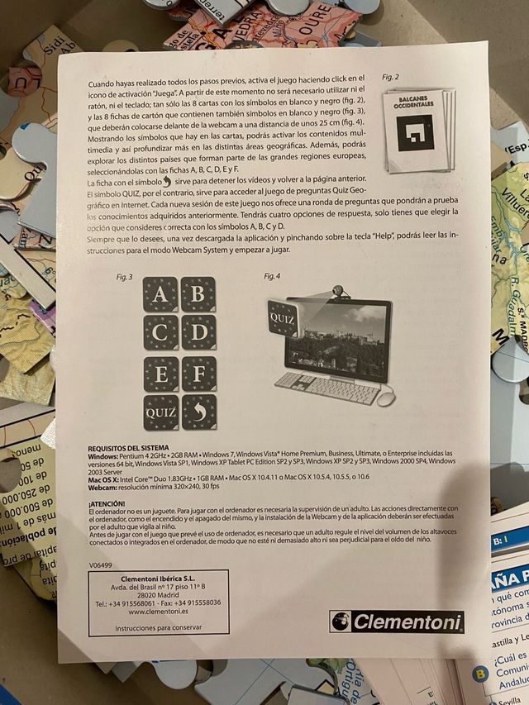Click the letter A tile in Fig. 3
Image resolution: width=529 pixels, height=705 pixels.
click(160, 294)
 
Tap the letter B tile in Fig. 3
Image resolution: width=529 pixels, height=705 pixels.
click(198, 294)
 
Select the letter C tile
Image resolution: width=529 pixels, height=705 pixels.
click(160, 332)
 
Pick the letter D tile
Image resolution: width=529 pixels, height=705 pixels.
click(198, 332)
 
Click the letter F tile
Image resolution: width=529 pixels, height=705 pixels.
click(198, 374)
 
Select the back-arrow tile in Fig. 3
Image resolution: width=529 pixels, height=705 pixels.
click(198, 411)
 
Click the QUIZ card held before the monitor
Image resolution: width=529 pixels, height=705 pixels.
click(282, 317)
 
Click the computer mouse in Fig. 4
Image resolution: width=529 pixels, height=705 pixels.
click(387, 398)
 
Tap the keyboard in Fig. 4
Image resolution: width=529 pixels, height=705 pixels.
click(326, 387)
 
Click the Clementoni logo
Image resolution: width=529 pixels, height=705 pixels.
click(396, 622)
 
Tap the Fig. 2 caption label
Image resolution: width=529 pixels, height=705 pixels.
click(390, 77)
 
